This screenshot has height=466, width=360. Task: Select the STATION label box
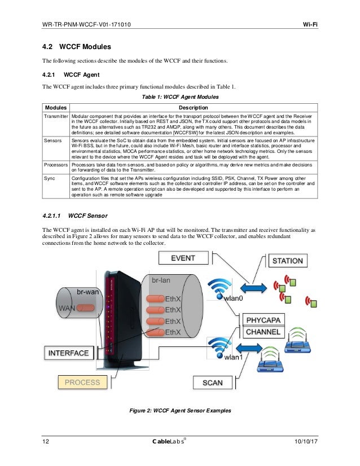[x=288, y=261]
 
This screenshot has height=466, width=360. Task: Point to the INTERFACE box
[x=68, y=353]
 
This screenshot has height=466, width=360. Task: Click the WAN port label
[x=66, y=309]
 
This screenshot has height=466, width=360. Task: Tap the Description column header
[x=193, y=107]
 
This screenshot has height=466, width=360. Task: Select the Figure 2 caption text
[x=180, y=410]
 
